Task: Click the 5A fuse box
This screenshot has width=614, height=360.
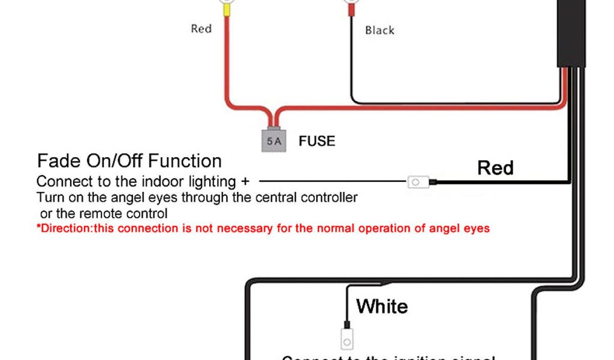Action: [x=273, y=140]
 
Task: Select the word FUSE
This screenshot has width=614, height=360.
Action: [x=317, y=142]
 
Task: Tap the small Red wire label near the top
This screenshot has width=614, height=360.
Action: [x=201, y=28]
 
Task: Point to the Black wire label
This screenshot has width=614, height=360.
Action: [x=380, y=29]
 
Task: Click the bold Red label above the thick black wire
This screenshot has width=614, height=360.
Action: [x=495, y=167]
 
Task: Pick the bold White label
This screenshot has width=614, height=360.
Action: [x=382, y=307]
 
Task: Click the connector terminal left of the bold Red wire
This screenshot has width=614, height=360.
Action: [x=417, y=181]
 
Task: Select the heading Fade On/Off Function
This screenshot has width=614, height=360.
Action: [x=130, y=161]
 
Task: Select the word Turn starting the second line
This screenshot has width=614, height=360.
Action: [x=49, y=197]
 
